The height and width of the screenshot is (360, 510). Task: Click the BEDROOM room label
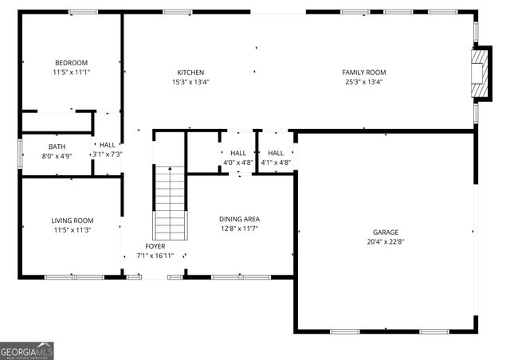71,63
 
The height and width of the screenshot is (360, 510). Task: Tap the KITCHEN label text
190,72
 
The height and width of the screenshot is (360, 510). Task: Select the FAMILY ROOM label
364,72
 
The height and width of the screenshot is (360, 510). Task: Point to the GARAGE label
386,233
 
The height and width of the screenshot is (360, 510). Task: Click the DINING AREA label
239,219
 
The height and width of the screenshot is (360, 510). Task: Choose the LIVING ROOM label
73,221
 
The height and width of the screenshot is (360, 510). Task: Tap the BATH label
57,147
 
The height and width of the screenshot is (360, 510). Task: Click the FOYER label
155,246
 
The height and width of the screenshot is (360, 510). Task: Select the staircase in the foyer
169,202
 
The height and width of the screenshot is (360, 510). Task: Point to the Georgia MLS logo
27,350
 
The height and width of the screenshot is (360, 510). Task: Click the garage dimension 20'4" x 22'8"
386,242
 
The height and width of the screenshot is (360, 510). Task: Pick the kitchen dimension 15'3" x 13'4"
190,82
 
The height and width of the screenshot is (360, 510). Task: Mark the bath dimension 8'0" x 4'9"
57,156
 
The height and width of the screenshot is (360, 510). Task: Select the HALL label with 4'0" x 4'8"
238,153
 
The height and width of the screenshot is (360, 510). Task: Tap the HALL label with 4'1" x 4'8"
276,153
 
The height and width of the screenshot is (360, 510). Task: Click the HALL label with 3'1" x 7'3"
108,145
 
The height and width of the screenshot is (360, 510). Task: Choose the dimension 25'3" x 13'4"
364,82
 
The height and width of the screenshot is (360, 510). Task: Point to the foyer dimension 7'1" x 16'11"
155,256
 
